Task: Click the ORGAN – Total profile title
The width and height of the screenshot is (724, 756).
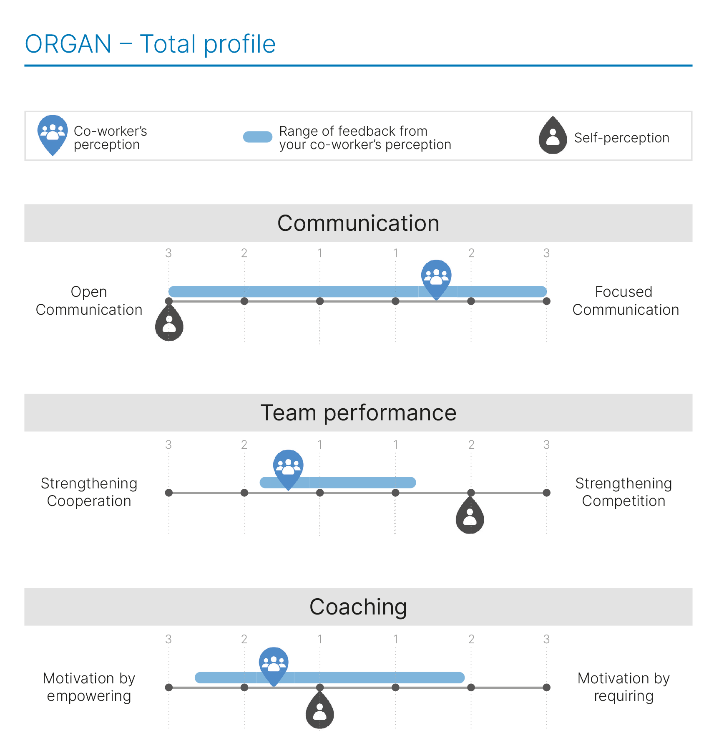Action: pyautogui.click(x=150, y=44)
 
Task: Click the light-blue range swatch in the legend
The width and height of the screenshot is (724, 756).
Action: pyautogui.click(x=257, y=137)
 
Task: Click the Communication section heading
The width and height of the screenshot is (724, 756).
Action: pyautogui.click(x=358, y=223)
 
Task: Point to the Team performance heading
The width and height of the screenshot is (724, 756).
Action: pyautogui.click(x=358, y=412)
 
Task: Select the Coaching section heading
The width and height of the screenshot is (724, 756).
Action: pyautogui.click(x=358, y=607)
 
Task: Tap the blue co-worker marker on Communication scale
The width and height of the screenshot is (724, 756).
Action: pyautogui.click(x=436, y=277)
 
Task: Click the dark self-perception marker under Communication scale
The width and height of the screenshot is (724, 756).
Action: pyautogui.click(x=169, y=324)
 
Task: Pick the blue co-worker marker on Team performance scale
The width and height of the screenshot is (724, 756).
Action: pyautogui.click(x=288, y=467)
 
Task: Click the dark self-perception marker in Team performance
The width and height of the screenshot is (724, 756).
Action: pyautogui.click(x=470, y=517)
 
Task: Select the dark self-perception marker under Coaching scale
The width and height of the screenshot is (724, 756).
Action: pyautogui.click(x=319, y=712)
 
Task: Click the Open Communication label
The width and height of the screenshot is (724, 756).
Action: pyautogui.click(x=89, y=301)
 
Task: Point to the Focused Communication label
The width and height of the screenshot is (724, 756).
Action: pyautogui.click(x=625, y=301)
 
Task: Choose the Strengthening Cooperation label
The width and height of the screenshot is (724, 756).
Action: pyautogui.click(x=89, y=492)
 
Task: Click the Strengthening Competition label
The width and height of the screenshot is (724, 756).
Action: pyautogui.click(x=623, y=492)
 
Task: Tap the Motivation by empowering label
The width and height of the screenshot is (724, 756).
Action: pyautogui.click(x=89, y=687)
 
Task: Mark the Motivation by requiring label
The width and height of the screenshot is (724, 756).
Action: pyautogui.click(x=623, y=687)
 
